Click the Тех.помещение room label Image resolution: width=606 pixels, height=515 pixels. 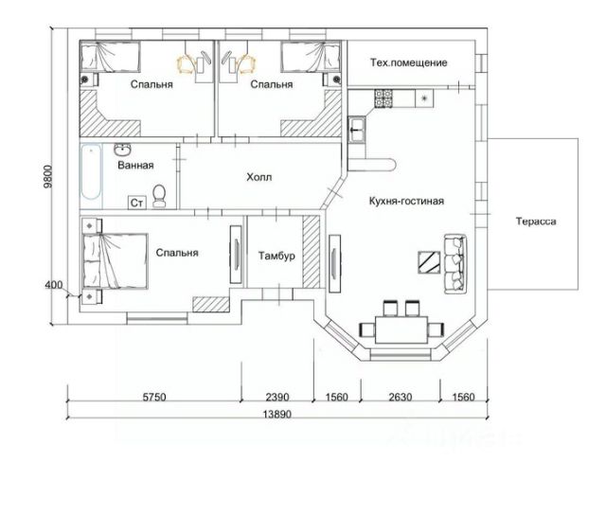click(408, 62)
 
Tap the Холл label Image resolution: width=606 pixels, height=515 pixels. click(258, 177)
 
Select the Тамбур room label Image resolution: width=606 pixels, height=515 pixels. click(276, 256)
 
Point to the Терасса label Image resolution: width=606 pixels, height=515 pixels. click(536, 222)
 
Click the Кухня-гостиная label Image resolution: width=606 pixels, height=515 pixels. click(406, 201)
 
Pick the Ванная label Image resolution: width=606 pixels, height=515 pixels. click(135, 166)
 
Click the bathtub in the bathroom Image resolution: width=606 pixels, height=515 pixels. click(92, 172)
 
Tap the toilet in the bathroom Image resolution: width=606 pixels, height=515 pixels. click(159, 196)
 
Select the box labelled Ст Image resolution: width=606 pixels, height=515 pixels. click(136, 203)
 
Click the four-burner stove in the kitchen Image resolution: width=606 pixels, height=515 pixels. click(383, 98)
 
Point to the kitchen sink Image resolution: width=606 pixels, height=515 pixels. click(356, 130)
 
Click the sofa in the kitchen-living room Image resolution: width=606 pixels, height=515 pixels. click(455, 264)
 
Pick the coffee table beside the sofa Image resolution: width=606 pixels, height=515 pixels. click(429, 262)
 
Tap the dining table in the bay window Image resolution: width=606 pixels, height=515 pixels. click(401, 329)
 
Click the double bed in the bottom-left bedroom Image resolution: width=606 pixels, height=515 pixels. click(116, 261)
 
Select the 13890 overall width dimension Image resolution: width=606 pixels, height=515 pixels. click(277, 414)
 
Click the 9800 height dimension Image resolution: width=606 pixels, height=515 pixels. click(47, 177)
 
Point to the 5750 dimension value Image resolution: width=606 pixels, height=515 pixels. click(154, 397)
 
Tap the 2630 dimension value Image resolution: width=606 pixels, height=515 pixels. click(401, 397)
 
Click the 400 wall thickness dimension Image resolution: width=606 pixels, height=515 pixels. click(54, 285)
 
